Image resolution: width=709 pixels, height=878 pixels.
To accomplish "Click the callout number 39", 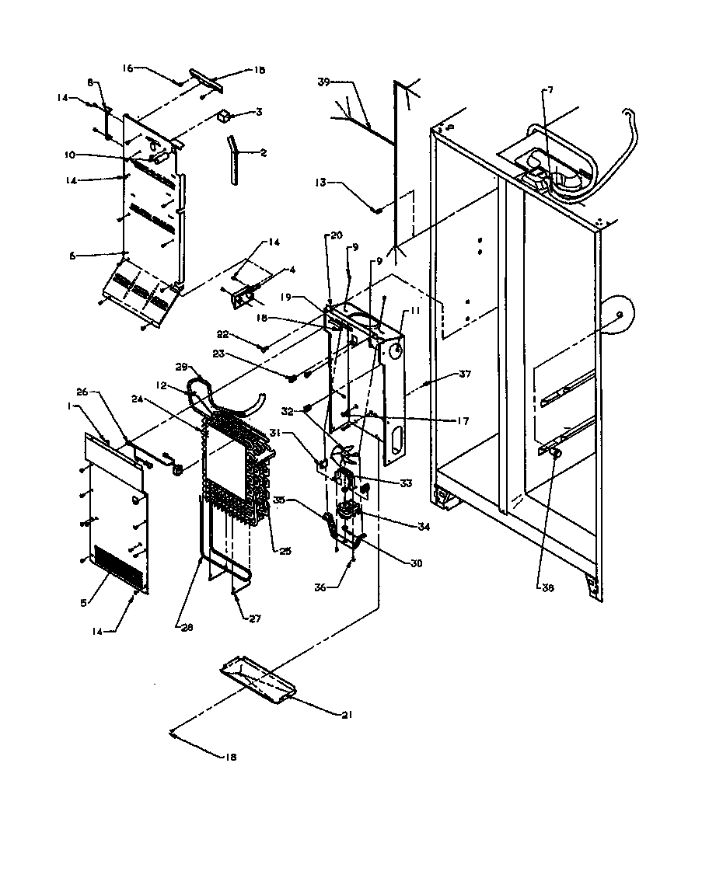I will click(325, 82).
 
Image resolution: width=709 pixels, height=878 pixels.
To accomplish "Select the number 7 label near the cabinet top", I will click(550, 90).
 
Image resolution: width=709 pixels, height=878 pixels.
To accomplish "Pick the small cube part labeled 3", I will click(225, 117).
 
